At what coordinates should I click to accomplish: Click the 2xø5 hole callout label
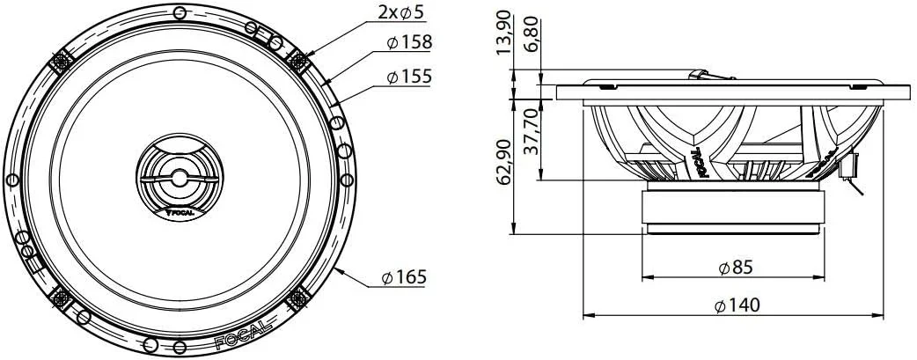401,12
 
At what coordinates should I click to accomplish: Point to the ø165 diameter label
404,278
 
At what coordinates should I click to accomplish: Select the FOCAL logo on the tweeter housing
180,211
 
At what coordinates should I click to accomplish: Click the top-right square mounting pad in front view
300,60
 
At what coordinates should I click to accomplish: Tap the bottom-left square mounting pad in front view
61,298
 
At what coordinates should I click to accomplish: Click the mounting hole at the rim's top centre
180,12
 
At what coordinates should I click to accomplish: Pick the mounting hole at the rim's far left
12,180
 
